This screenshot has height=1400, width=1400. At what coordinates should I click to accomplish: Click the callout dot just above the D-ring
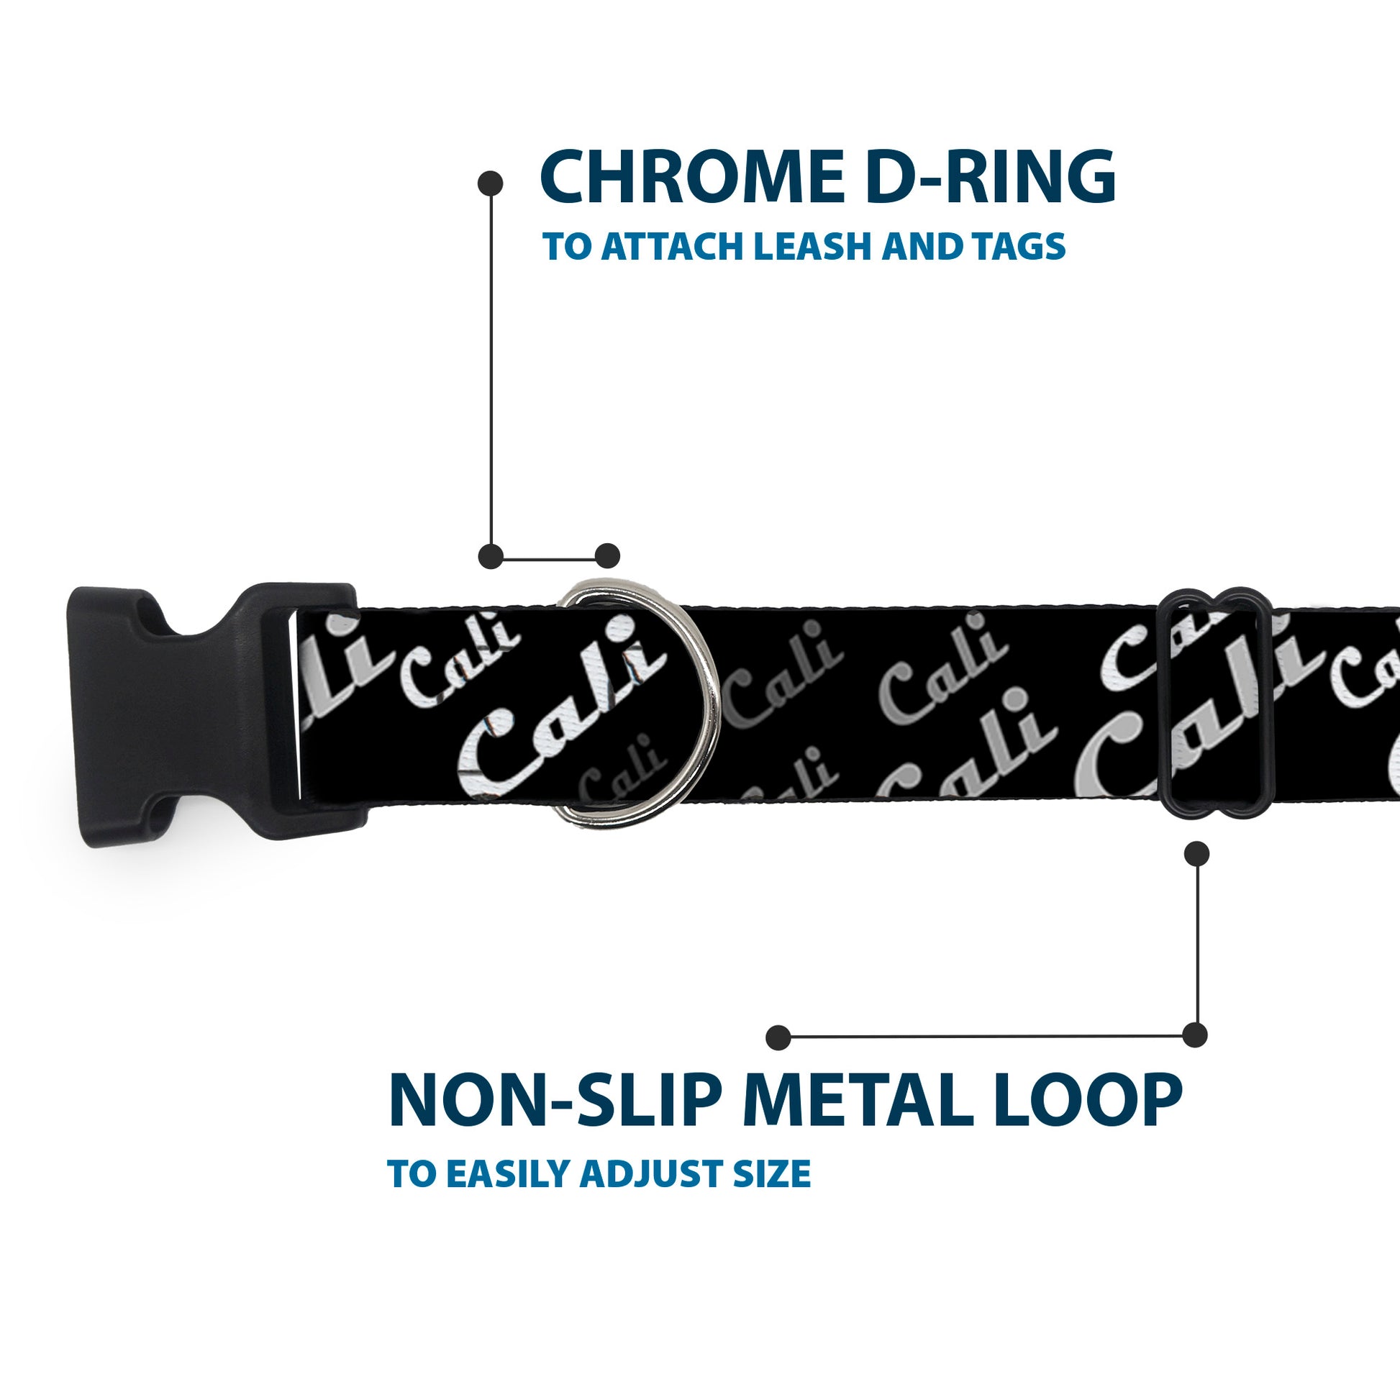coord(607,556)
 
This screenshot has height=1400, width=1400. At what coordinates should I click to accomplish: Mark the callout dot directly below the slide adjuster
coord(1196,854)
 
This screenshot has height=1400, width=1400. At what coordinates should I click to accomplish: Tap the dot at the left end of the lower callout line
coord(778,1037)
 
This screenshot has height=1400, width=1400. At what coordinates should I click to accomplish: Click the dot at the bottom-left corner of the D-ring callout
coord(491,556)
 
